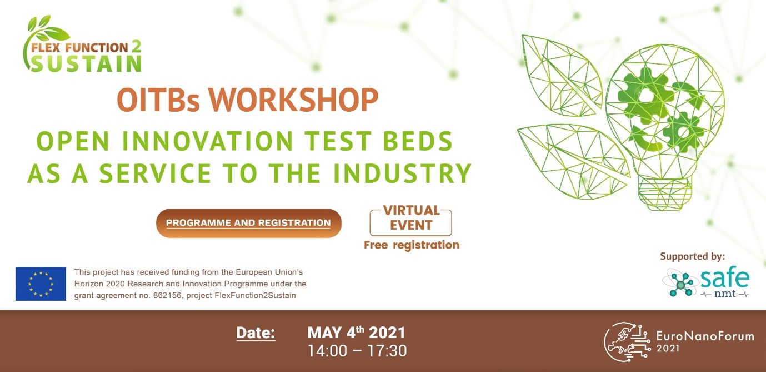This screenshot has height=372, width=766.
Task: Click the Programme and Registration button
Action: (x=249, y=223)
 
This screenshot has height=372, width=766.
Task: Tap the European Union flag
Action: (x=41, y=284)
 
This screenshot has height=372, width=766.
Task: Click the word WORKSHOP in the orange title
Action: (x=294, y=100)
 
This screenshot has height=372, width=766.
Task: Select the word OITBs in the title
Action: (x=158, y=100)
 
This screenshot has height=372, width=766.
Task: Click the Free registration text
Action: (x=412, y=245)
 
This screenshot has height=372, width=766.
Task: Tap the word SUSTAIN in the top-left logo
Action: (x=86, y=63)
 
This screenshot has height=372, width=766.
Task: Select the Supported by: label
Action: (x=693, y=256)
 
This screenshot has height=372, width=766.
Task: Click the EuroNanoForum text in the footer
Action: (x=705, y=336)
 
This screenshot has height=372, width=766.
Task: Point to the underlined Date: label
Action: (x=256, y=333)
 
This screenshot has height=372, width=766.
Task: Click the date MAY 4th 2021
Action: (x=356, y=333)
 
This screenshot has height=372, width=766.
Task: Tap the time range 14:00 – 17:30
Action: (x=357, y=351)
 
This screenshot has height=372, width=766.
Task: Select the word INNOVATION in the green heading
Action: (x=208, y=141)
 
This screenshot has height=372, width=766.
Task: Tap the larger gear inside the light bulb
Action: (x=645, y=96)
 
